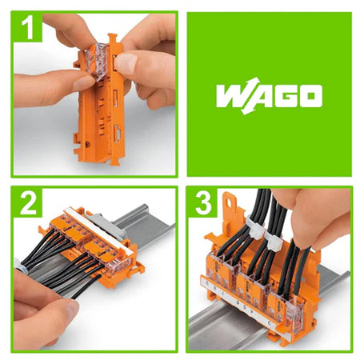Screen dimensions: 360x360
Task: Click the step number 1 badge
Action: [x=27, y=27]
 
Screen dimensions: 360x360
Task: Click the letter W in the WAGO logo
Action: [x=233, y=96]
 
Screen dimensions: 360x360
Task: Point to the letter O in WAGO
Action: [x=310, y=96]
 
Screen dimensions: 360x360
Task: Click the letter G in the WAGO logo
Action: [x=286, y=96]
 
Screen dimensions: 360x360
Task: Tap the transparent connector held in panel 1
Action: [x=97, y=62]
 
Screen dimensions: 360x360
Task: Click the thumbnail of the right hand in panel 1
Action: [x=126, y=64]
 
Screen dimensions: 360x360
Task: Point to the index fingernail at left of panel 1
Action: [x=83, y=82]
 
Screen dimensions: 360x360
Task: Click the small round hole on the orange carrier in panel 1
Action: [x=87, y=145]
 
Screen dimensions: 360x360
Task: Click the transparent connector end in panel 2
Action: [x=118, y=266]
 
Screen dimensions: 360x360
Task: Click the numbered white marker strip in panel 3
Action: [x=241, y=302]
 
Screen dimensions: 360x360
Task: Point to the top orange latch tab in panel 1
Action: [x=113, y=38]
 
